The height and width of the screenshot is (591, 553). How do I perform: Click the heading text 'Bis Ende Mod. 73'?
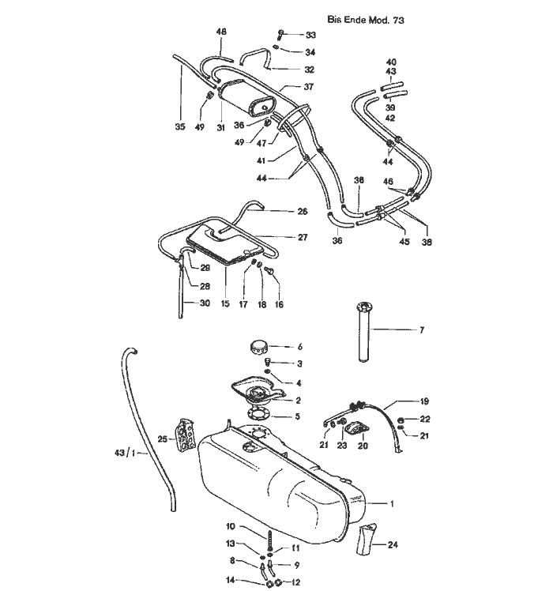tap(365, 20)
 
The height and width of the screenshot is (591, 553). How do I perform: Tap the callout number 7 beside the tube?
tap(421, 330)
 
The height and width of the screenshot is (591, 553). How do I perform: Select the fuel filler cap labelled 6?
tap(258, 346)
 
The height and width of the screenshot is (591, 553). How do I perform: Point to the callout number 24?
tap(393, 544)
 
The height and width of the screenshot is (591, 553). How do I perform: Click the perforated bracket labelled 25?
tap(186, 435)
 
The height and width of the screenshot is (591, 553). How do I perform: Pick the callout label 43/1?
tap(125, 453)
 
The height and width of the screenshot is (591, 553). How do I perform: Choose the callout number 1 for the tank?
tap(392, 503)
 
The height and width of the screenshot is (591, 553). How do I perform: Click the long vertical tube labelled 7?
tap(363, 332)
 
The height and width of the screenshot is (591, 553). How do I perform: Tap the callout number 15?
tap(225, 303)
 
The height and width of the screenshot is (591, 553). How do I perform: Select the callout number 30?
tap(205, 303)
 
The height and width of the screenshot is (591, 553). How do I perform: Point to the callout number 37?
tap(308, 87)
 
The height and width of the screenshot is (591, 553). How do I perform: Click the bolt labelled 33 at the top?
tap(280, 34)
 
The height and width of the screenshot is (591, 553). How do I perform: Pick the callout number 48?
tap(221, 32)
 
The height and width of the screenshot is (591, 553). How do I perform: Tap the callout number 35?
tap(180, 126)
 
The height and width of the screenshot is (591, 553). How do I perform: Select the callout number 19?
tap(424, 401)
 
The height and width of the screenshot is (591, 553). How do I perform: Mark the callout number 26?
tap(303, 212)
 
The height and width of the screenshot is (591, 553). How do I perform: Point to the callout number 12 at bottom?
tap(296, 582)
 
